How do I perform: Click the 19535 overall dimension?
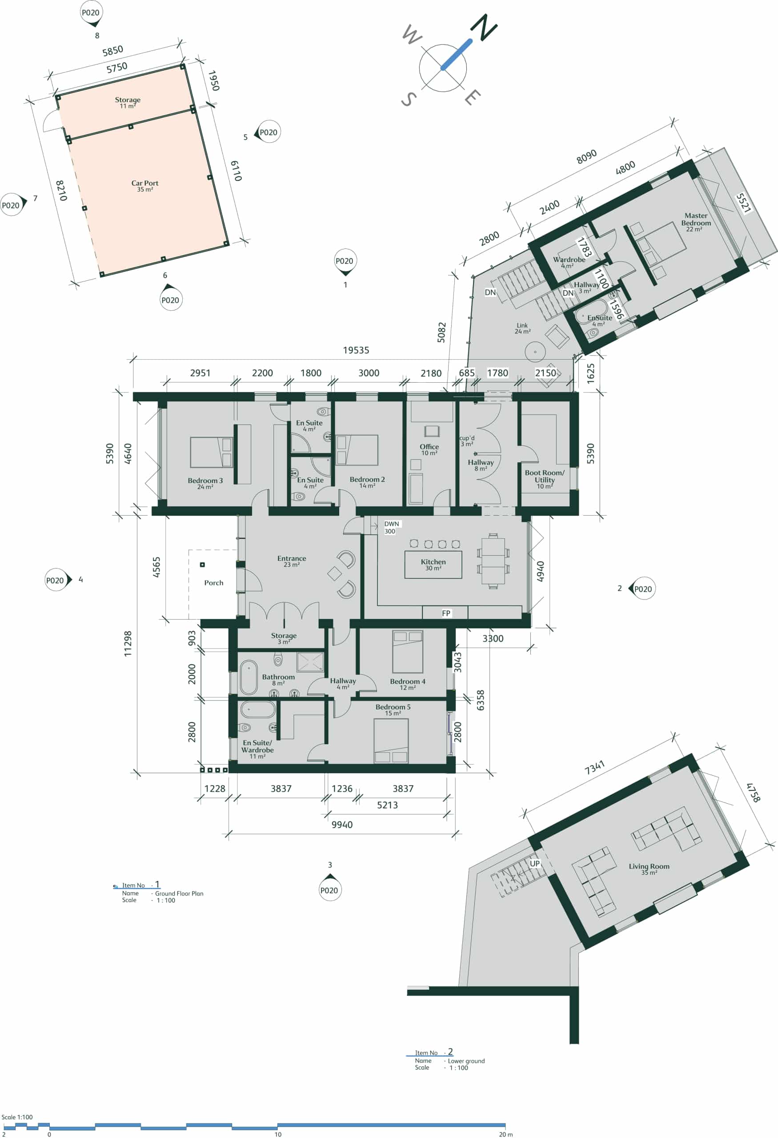[x=356, y=350]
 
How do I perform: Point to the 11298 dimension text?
[x=128, y=643]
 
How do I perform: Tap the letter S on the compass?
[x=409, y=100]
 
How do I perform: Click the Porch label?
[x=213, y=583]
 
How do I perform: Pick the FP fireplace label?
[x=446, y=613]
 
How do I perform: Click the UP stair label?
[x=535, y=863]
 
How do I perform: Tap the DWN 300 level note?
[x=391, y=527]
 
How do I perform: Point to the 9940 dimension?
[x=342, y=825]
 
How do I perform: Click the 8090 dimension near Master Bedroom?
[x=586, y=156]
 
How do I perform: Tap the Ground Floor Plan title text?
[x=179, y=893]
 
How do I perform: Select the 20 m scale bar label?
[x=506, y=1134]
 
